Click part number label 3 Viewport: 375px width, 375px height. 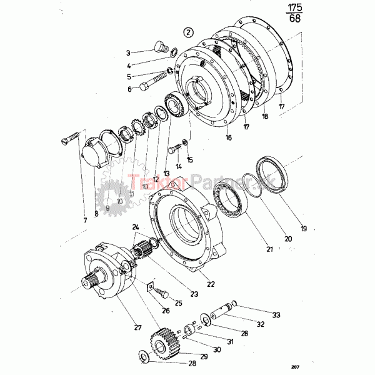[x=128, y=53]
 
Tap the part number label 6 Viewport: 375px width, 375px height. [x=129, y=89]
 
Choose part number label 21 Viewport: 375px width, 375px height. [x=269, y=250]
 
